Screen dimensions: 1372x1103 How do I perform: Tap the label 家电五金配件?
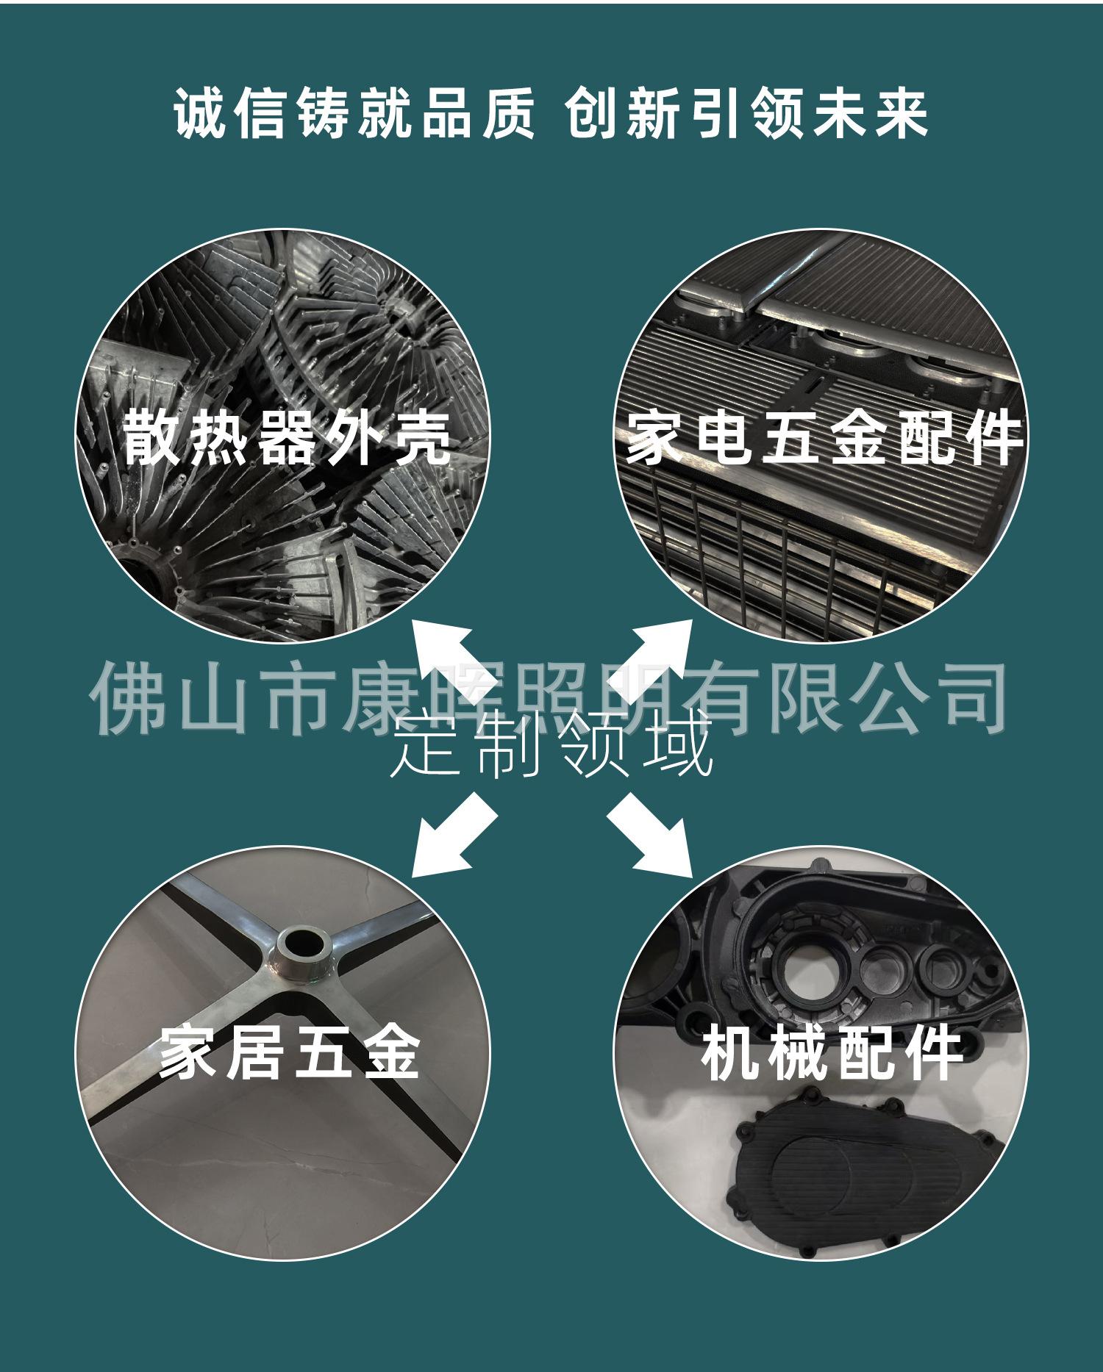click(x=824, y=438)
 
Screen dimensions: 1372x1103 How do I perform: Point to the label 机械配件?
click(x=832, y=1052)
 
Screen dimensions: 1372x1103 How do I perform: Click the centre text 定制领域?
click(x=551, y=747)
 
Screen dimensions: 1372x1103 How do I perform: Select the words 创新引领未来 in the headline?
click(x=746, y=114)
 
